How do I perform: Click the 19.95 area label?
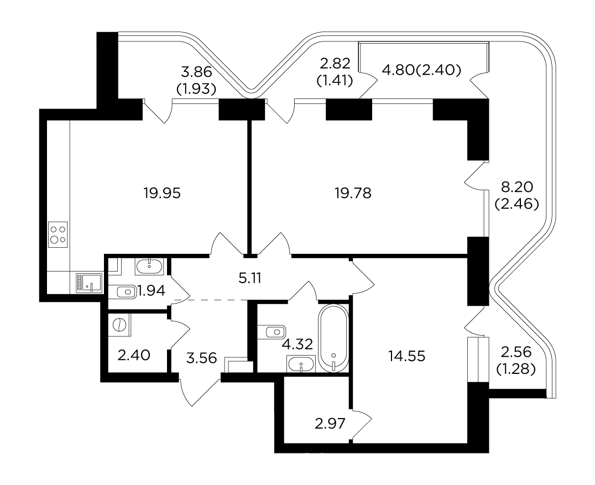pyautogui.click(x=162, y=194)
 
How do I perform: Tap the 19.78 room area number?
pyautogui.click(x=353, y=194)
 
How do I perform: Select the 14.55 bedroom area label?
pyautogui.click(x=407, y=356)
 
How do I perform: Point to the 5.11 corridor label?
pyautogui.click(x=250, y=279)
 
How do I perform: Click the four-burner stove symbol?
pyautogui.click(x=58, y=234)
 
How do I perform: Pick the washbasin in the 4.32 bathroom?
pyautogui.click(x=301, y=364)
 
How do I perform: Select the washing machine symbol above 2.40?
pyautogui.click(x=119, y=325)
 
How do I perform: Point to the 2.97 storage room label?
pyautogui.click(x=330, y=424)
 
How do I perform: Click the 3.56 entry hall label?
pyautogui.click(x=201, y=357)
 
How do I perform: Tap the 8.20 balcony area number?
pyautogui.click(x=517, y=187)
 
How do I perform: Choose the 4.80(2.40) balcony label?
pyautogui.click(x=421, y=70)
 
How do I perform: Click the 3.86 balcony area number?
pyautogui.click(x=196, y=72)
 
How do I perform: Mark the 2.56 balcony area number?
pyautogui.click(x=516, y=352)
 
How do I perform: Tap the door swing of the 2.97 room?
pyautogui.click(x=361, y=425)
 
